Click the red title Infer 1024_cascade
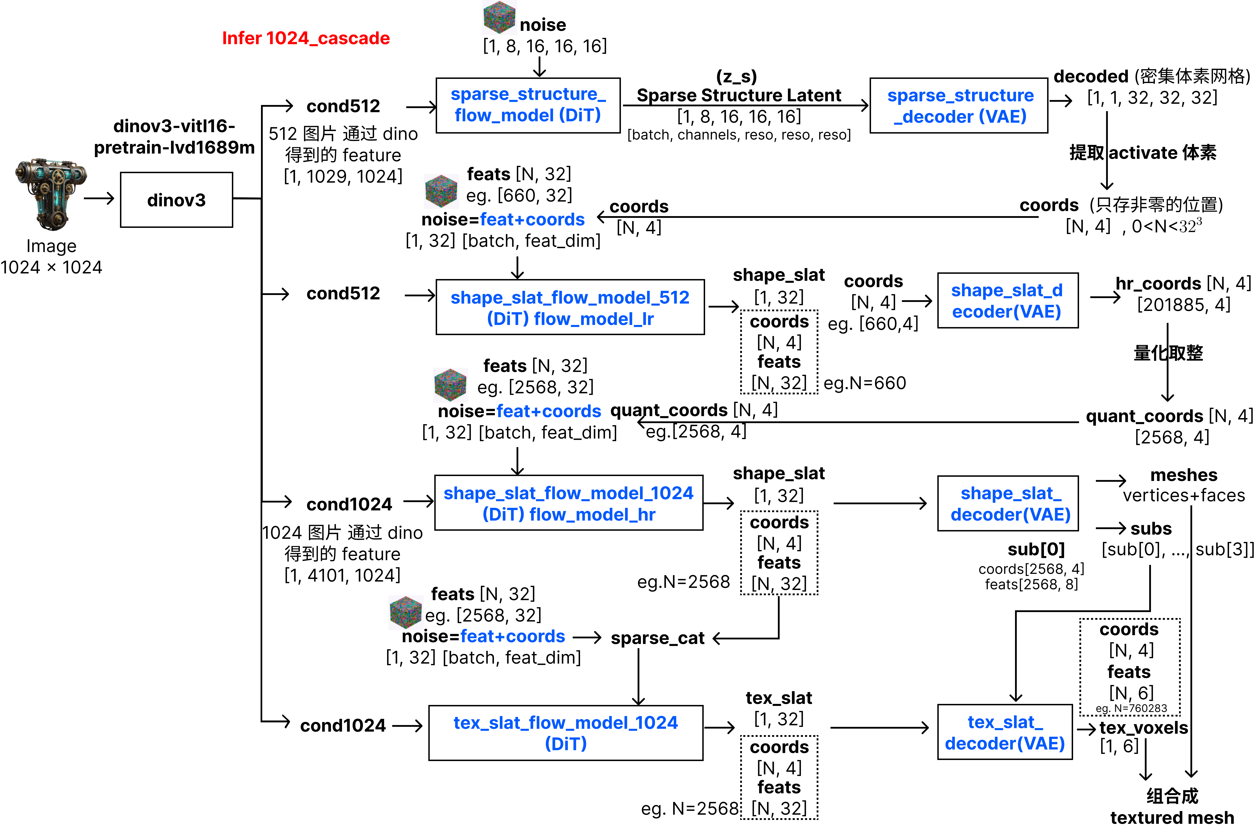(x=306, y=38)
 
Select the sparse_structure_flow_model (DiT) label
(x=528, y=105)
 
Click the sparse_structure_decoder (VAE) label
(x=960, y=106)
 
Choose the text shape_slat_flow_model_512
(x=570, y=298)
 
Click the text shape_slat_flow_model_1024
(x=568, y=493)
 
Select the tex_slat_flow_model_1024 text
(x=565, y=723)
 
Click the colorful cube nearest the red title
(x=499, y=18)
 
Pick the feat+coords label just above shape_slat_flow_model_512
(x=532, y=219)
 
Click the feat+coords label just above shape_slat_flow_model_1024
(x=549, y=411)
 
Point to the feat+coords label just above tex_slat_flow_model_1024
(x=513, y=636)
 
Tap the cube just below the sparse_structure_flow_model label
(x=441, y=191)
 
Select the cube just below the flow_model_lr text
(x=450, y=385)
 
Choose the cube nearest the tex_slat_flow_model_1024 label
(x=406, y=613)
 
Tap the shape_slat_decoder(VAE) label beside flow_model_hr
(x=1010, y=504)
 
